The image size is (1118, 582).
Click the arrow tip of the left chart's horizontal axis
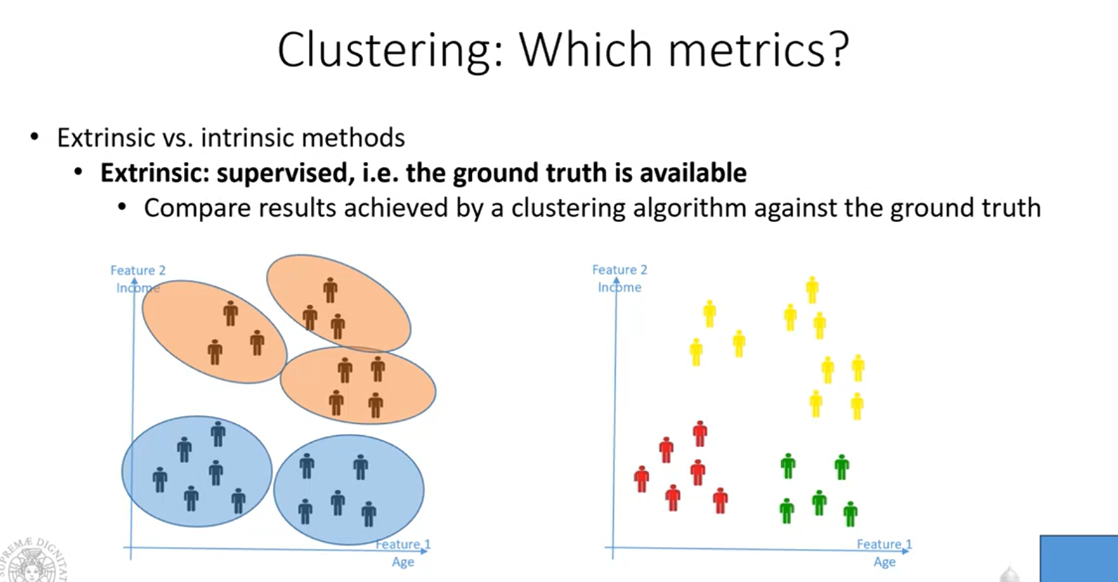pyautogui.click(x=428, y=551)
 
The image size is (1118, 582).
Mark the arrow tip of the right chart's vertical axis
pyautogui.click(x=617, y=279)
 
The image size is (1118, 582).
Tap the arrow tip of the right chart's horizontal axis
pyautogui.click(x=909, y=551)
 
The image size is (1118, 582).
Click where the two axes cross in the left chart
pyautogui.click(x=131, y=548)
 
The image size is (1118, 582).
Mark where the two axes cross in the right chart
pyautogui.click(x=612, y=548)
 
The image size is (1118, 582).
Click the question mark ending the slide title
pyautogui.click(x=838, y=50)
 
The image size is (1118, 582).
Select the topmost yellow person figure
pyautogui.click(x=812, y=290)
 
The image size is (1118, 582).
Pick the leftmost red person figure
pyautogui.click(x=641, y=479)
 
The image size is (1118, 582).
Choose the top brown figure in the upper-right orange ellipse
pyautogui.click(x=330, y=290)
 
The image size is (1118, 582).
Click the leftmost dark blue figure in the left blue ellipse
pyautogui.click(x=159, y=480)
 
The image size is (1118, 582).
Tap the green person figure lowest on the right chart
pyautogui.click(x=850, y=514)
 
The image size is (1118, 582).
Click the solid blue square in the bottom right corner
pyautogui.click(x=1079, y=558)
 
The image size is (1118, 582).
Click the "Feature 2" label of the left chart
pyautogui.click(x=138, y=270)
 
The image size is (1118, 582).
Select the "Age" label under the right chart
pyautogui.click(x=884, y=562)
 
